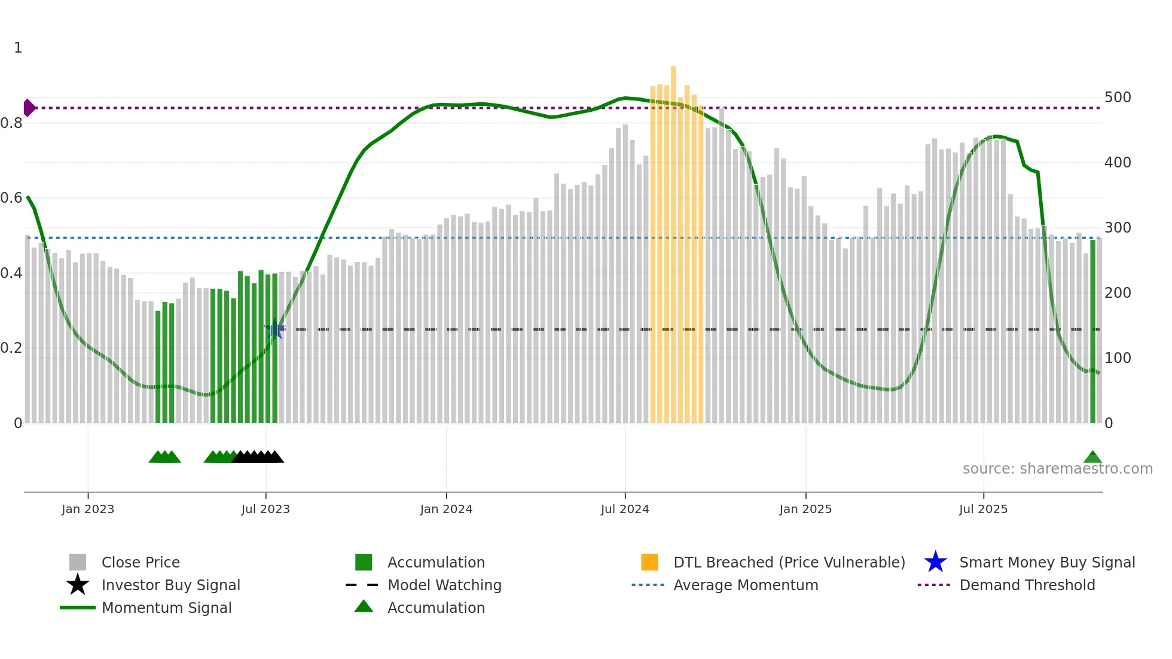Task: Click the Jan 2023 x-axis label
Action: [x=88, y=509]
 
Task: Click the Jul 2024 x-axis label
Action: [x=625, y=509]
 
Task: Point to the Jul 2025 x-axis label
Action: [x=983, y=509]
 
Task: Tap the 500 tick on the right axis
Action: [x=1118, y=97]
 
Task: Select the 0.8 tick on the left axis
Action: [x=11, y=123]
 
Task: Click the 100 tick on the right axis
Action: [x=1118, y=358]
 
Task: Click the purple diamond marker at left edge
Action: [x=29, y=108]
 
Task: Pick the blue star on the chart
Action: [x=275, y=329]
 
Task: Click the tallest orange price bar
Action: [x=673, y=239]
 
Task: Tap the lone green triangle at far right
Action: [x=1092, y=457]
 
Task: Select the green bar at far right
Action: [x=1093, y=329]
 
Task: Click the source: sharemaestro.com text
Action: [x=1057, y=469]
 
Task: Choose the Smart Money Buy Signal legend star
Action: [x=935, y=562]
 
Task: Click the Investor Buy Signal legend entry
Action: [x=170, y=585]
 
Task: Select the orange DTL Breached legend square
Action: [x=649, y=562]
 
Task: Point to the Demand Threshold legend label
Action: [x=1027, y=585]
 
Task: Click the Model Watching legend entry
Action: [x=444, y=585]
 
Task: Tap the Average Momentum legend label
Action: [x=745, y=585]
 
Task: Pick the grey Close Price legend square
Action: [x=78, y=562]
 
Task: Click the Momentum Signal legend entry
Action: [x=166, y=608]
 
